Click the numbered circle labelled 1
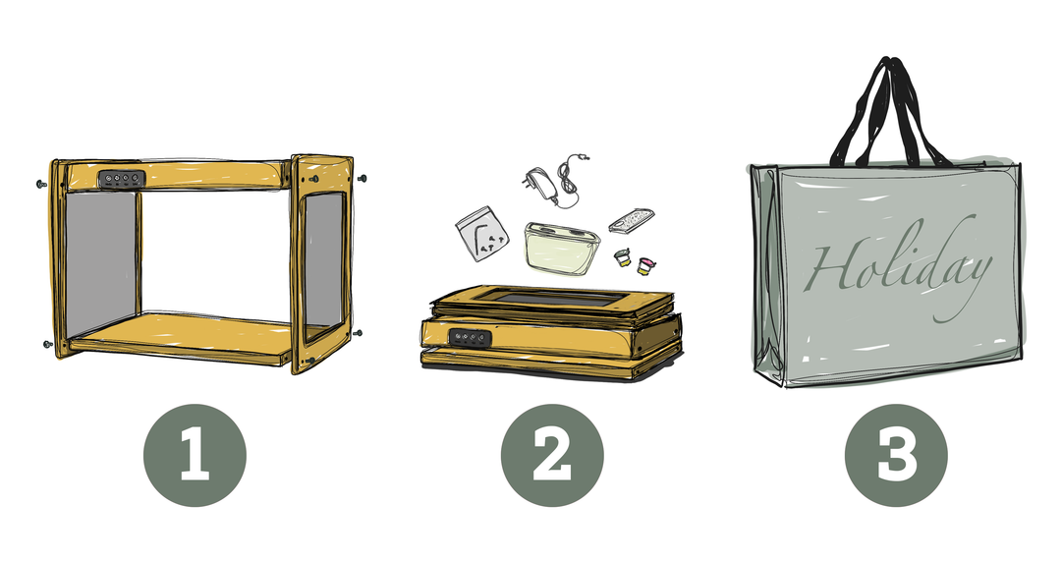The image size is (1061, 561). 195,455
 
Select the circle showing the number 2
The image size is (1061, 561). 551,455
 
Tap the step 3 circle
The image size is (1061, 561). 896,455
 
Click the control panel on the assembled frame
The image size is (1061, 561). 122,179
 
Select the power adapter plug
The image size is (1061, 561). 539,184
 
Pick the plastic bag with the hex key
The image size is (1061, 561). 481,234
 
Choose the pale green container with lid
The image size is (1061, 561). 562,249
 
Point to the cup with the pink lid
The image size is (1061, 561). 646,265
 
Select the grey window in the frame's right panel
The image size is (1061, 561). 323,261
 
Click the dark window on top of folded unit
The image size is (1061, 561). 551,298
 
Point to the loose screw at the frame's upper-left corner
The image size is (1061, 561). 39,184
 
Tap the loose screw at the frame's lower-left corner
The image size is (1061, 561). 47,344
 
